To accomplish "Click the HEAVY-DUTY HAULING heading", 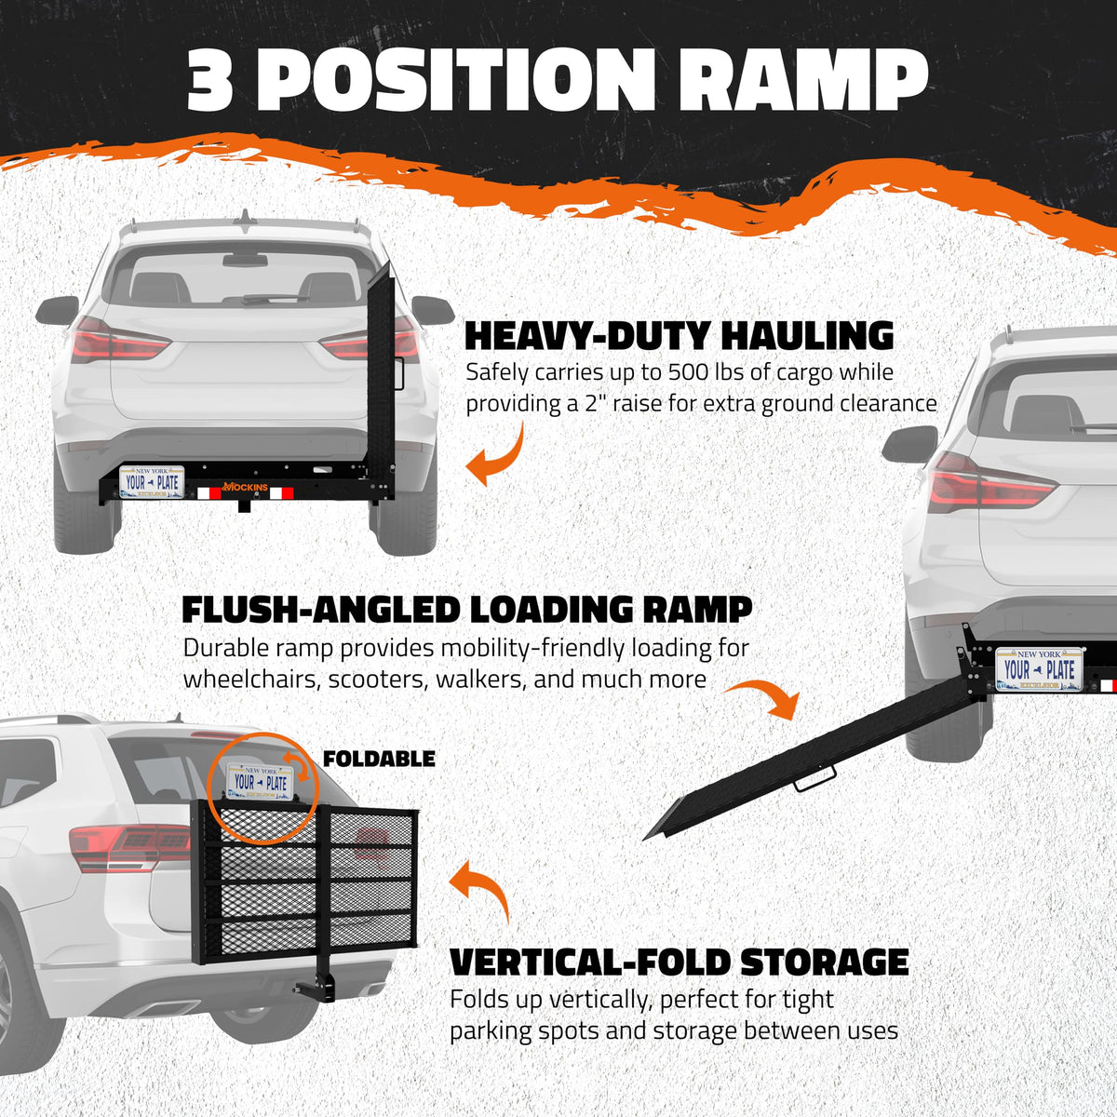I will point(679,335).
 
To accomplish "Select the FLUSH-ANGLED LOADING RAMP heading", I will point(466,610).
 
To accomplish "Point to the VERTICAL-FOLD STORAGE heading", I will point(679,962).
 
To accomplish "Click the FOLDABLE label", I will point(379,759).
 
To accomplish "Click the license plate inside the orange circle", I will point(262,780).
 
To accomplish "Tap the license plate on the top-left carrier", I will point(153,482).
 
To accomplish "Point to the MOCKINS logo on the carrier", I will point(246,487).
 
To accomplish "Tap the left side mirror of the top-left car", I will point(58,310).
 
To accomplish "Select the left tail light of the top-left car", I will point(116,342).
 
